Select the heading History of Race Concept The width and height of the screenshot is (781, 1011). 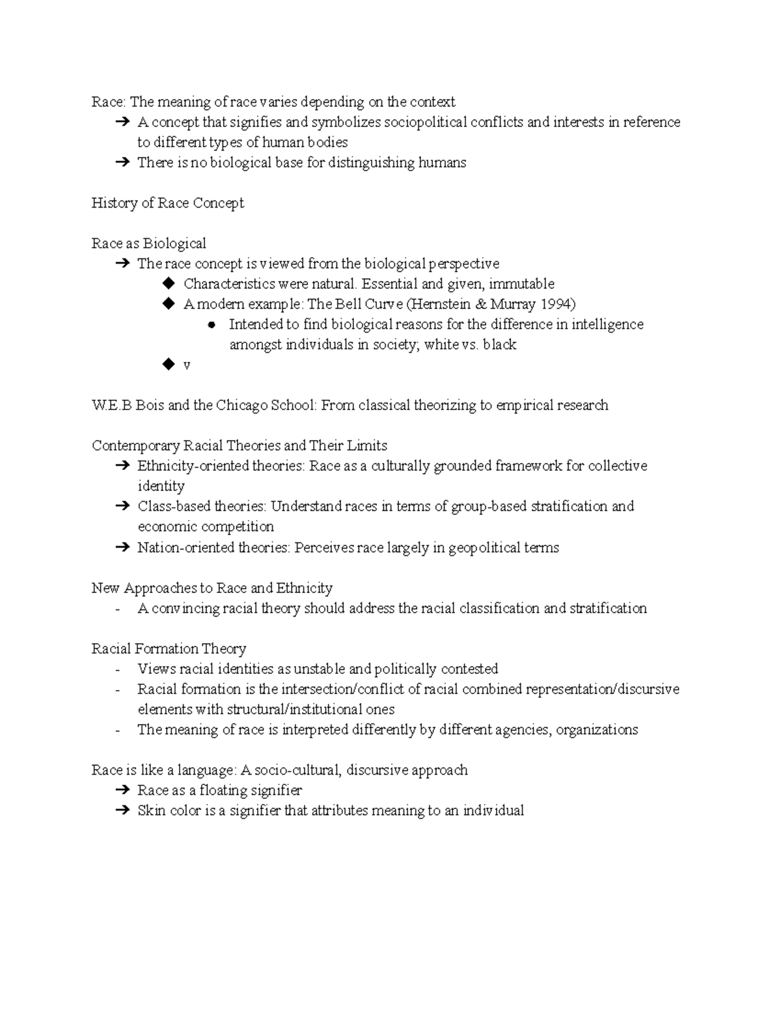[x=167, y=203]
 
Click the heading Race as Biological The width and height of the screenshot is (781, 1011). [x=148, y=243]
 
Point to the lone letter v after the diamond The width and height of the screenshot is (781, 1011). [x=187, y=365]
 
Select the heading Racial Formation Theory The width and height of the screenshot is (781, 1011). [x=169, y=649]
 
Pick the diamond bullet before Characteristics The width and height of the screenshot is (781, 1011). [x=169, y=284]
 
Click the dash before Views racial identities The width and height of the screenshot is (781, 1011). [x=117, y=670]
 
